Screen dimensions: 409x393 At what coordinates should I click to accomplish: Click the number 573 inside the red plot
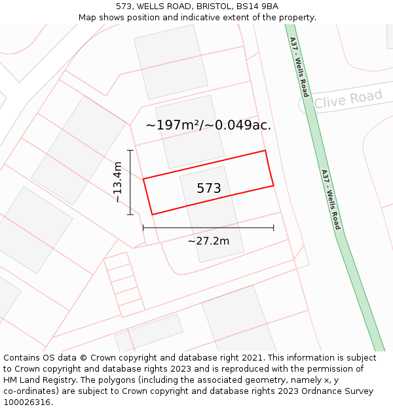(x=209, y=188)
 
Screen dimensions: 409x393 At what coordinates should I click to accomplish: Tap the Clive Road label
(x=347, y=99)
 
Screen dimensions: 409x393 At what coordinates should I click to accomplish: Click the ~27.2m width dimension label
(x=208, y=241)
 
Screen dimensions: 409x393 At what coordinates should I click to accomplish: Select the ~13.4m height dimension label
(x=117, y=182)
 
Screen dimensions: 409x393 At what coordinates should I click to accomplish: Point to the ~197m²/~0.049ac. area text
(x=208, y=125)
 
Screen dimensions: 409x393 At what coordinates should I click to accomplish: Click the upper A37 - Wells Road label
(x=299, y=67)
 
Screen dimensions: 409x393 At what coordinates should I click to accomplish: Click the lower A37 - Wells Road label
(x=331, y=200)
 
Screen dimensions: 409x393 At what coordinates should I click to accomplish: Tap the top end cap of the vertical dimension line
(x=130, y=151)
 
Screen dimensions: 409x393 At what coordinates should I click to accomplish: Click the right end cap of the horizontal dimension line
(x=274, y=228)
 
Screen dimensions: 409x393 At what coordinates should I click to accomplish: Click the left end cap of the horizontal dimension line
(x=143, y=228)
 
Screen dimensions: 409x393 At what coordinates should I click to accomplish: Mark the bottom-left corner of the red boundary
(x=153, y=214)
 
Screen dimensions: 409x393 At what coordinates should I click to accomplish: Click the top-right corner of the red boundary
(x=265, y=151)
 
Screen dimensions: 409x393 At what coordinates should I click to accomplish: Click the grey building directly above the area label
(x=170, y=62)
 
